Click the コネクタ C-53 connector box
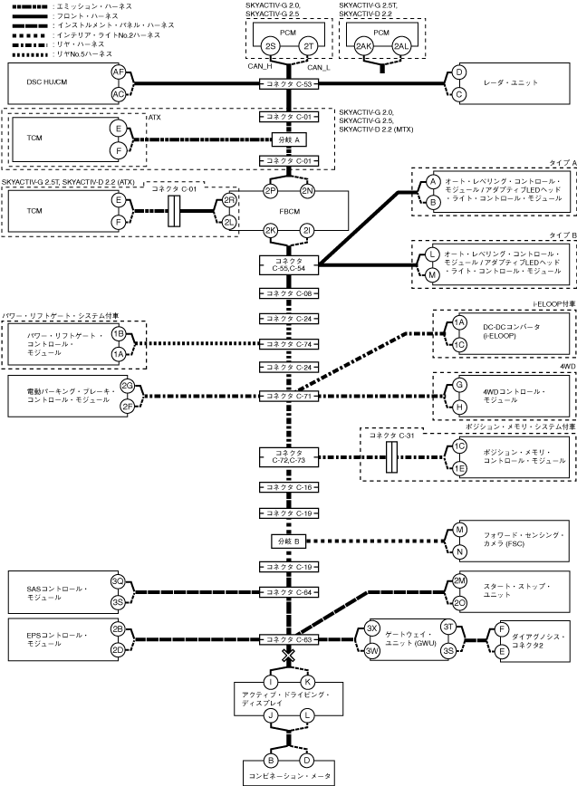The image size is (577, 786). [289, 84]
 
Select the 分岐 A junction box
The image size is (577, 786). [289, 139]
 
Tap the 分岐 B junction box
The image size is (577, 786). [289, 542]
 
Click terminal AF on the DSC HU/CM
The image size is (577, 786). [119, 72]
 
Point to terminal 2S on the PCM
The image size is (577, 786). [270, 46]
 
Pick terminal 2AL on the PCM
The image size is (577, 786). [401, 46]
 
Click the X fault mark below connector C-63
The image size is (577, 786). [289, 656]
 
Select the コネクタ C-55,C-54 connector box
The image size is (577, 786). [289, 264]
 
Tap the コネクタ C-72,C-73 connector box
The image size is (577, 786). [289, 456]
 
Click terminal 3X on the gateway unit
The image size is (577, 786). [371, 628]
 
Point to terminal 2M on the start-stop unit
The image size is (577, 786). [459, 581]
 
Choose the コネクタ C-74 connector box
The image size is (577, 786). [289, 344]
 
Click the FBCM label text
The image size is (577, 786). [290, 211]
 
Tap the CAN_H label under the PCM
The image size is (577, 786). [260, 66]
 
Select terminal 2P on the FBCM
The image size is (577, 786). [271, 190]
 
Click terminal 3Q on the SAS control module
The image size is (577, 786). [118, 581]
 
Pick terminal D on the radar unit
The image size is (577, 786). [458, 72]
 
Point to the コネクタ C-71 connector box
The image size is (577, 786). [289, 396]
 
